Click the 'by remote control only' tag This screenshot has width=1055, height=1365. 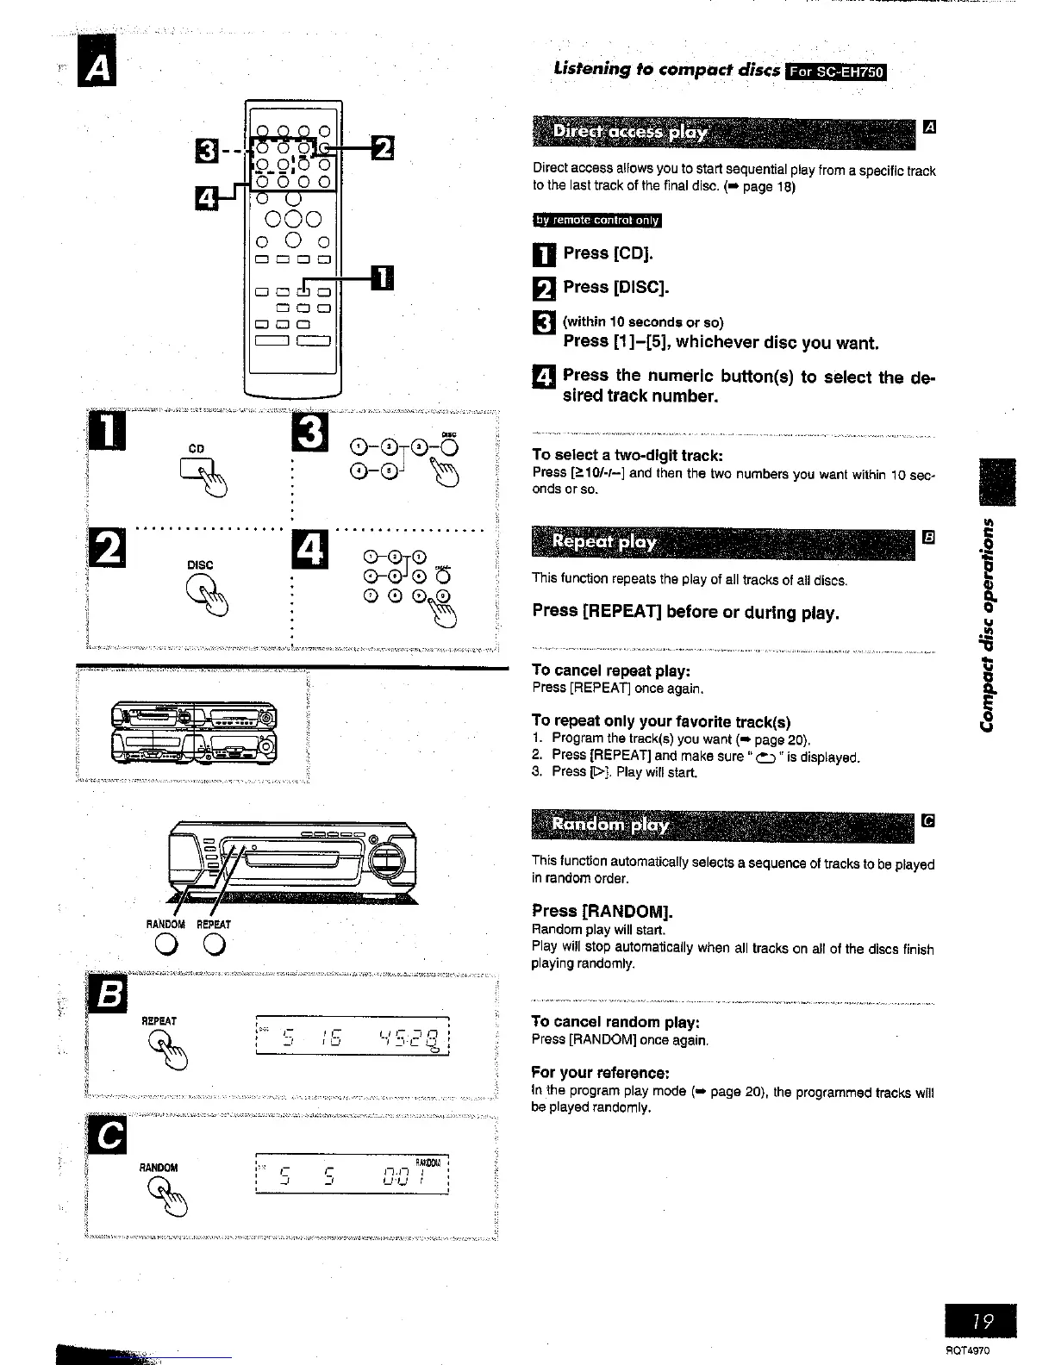[x=596, y=221]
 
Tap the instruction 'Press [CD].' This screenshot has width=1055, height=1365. [x=609, y=253]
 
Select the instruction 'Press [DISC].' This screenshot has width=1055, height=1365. [x=615, y=287]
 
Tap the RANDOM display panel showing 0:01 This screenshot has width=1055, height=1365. [x=354, y=1174]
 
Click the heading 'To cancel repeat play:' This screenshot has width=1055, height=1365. [x=611, y=670]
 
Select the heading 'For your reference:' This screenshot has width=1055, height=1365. [x=600, y=1073]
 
